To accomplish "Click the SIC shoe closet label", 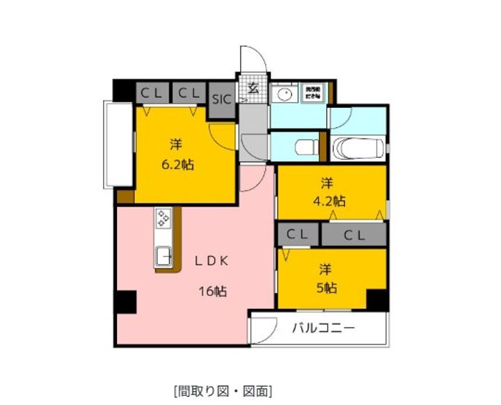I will (222, 97).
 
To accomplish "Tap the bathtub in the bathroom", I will (358, 148).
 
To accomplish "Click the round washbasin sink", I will (284, 95).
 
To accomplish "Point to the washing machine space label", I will (310, 93).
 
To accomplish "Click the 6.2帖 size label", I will (177, 166).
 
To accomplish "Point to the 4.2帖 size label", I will (330, 201).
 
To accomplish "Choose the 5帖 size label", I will (327, 287).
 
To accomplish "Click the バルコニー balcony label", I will (323, 327).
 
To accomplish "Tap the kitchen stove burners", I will (163, 219).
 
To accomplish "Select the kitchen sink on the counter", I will (163, 255).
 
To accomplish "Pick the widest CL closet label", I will (353, 235).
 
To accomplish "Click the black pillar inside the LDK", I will (126, 302).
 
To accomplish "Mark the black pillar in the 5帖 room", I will (376, 299).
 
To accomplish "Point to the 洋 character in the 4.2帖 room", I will (326, 184).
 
